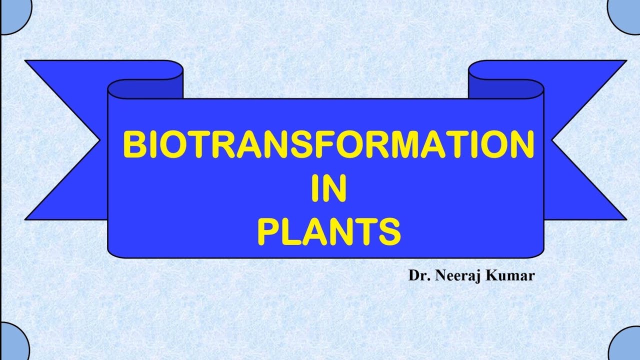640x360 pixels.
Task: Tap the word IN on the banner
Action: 328,188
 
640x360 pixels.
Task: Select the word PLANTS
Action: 328,231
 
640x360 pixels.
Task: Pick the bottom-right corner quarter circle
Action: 628,345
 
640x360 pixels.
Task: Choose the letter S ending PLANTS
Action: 389,231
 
